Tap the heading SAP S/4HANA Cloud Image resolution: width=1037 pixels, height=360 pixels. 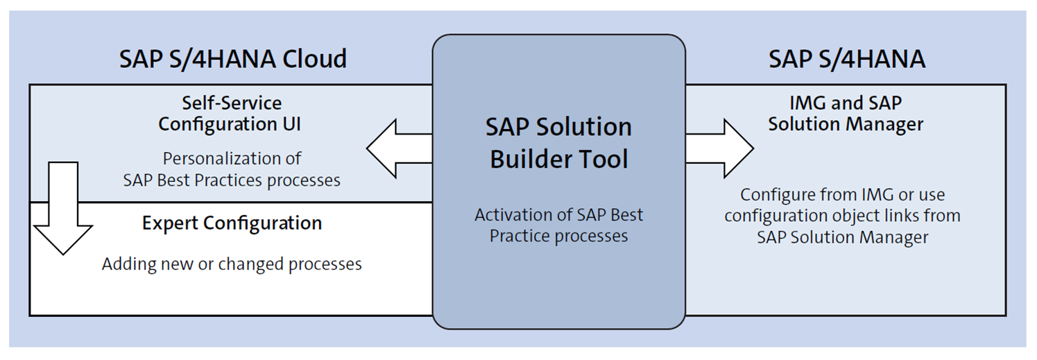click(232, 59)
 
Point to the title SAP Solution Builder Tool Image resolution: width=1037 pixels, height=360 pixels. click(558, 143)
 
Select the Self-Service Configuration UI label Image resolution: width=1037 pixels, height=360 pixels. click(232, 114)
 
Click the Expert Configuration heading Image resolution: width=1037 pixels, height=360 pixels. click(232, 223)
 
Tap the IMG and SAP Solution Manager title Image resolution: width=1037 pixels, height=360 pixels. click(846, 114)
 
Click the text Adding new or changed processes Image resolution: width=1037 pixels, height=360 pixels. click(232, 264)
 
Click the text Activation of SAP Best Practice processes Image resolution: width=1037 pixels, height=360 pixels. click(558, 225)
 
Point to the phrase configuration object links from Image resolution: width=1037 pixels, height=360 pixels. click(842, 216)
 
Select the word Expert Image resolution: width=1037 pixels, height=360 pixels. click(169, 223)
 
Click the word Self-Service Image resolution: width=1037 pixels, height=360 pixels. click(232, 103)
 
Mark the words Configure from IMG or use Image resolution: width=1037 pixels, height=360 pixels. click(842, 195)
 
